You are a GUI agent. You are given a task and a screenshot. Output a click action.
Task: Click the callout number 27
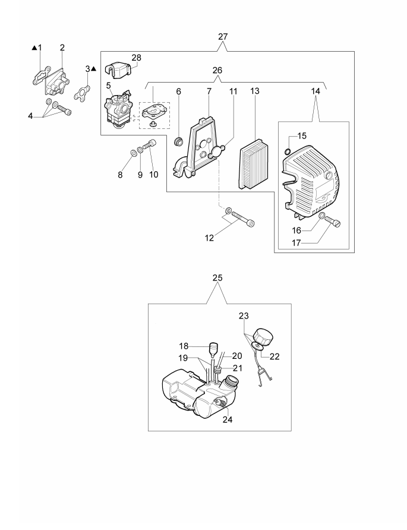coord(223,37)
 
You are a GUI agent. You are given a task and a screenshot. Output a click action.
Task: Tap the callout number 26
coord(217,70)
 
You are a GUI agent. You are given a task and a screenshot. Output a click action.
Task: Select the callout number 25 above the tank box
coord(218,277)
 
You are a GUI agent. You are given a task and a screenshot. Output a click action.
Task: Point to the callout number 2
coord(62,46)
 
